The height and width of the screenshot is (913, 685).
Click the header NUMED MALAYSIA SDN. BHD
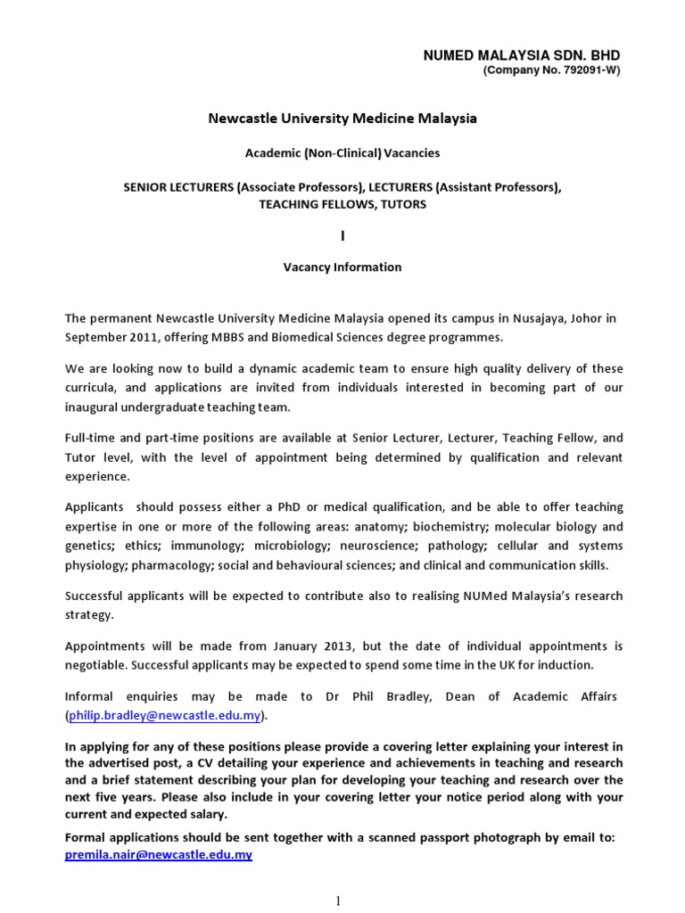coord(522,56)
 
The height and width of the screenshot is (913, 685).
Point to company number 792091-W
coord(551,71)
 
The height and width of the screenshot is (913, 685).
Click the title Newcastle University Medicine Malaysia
coord(342,119)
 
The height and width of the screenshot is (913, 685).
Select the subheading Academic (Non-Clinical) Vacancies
coord(342,152)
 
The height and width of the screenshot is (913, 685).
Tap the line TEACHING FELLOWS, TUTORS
coord(342,204)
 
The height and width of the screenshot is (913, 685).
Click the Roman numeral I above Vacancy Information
coord(342,236)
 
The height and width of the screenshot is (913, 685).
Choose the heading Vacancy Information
coord(342,267)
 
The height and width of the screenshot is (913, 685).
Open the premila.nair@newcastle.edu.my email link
coord(159,855)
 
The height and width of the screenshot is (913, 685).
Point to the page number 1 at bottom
coord(339,901)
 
